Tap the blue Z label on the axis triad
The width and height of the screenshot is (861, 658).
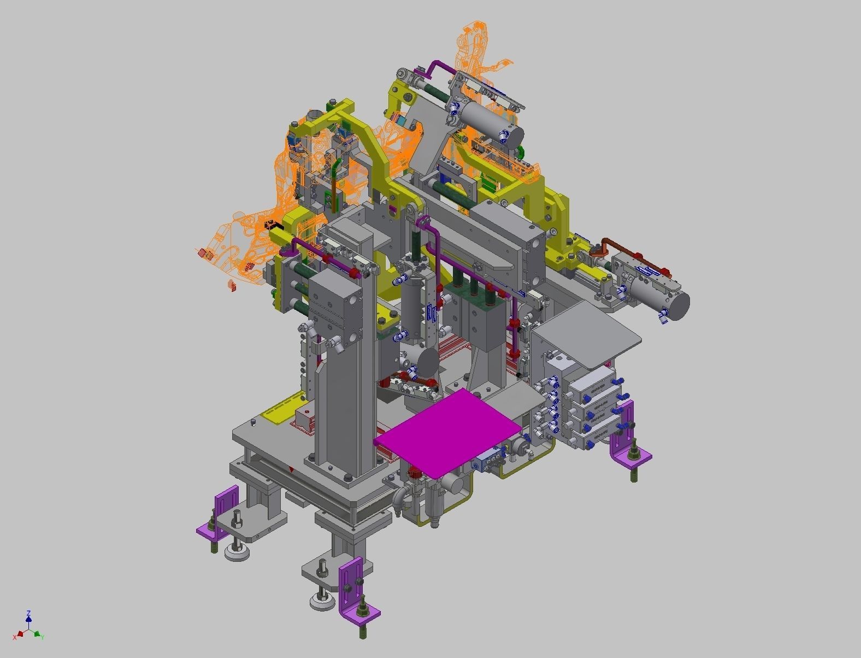click(28, 613)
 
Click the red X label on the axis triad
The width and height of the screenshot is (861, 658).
click(15, 637)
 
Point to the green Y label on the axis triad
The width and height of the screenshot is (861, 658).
click(43, 637)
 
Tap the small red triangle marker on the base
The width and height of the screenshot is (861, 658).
click(292, 469)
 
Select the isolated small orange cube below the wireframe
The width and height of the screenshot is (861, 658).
click(231, 285)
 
